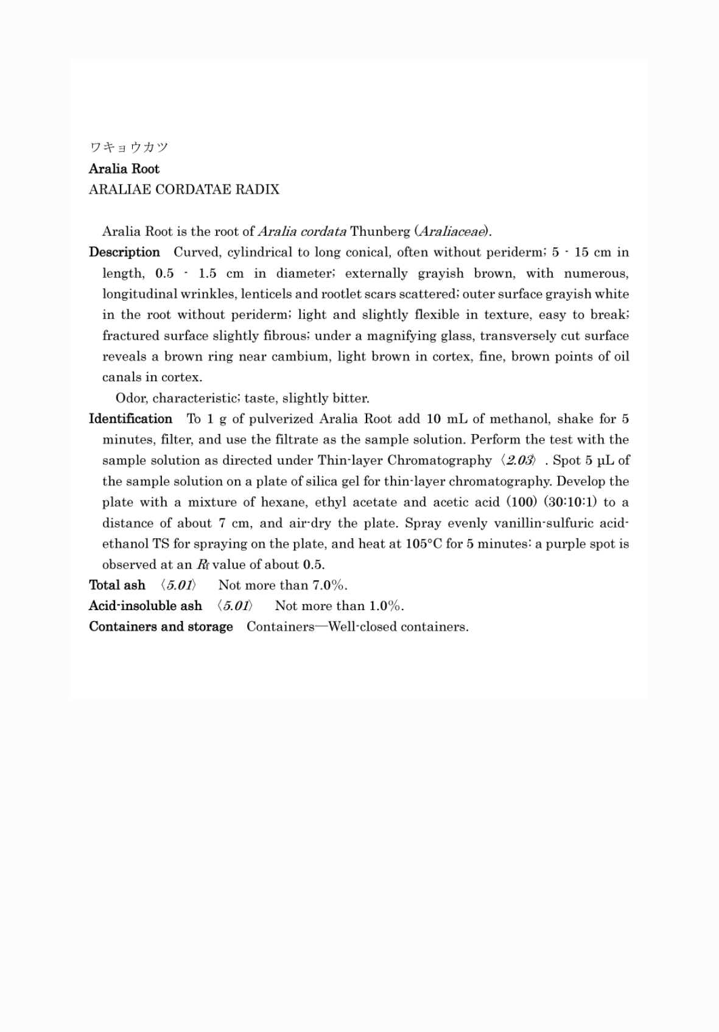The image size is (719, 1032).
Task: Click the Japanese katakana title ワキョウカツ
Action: [128, 147]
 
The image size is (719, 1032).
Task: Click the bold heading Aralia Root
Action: [124, 169]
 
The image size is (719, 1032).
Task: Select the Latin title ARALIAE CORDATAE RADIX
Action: [184, 189]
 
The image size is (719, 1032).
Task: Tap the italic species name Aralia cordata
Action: [302, 231]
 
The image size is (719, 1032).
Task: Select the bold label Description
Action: [124, 252]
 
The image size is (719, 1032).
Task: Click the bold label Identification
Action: [130, 419]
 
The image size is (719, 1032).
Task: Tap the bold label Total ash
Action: [117, 585]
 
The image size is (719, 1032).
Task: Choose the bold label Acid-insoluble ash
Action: [145, 606]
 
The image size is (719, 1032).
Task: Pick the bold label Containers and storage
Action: [161, 627]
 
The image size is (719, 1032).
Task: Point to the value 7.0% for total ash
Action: [329, 585]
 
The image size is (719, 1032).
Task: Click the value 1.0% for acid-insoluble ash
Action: [385, 606]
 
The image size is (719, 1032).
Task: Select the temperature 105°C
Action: [423, 544]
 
